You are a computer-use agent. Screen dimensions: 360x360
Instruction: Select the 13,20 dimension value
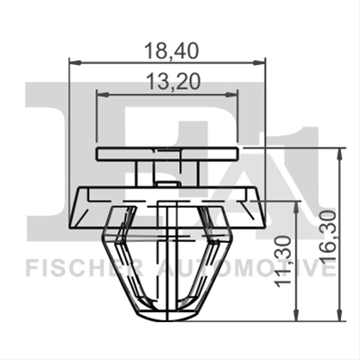pos(174,82)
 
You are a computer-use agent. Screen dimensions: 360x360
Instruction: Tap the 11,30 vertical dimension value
pos(283,261)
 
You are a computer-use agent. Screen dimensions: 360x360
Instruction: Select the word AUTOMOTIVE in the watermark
pos(247,269)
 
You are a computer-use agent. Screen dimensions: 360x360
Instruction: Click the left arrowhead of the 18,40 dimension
pos(75,63)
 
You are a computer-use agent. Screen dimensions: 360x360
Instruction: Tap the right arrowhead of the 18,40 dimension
pos(259,63)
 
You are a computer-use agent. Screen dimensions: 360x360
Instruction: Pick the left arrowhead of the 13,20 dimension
pos(102,94)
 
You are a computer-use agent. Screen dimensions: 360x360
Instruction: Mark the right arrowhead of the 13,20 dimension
pos(232,94)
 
